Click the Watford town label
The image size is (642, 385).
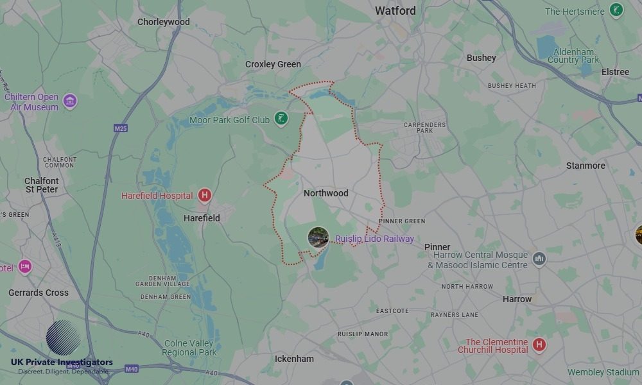point(395,11)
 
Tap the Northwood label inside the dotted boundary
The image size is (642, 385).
point(325,193)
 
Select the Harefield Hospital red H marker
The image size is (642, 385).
point(204,196)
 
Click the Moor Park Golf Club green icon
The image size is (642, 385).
point(281,119)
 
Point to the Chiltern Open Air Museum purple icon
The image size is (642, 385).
point(70,101)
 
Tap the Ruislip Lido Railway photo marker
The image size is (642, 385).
point(318,237)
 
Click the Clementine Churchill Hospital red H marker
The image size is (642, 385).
point(539,345)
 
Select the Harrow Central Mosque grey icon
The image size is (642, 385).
point(539,259)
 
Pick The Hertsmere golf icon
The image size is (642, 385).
point(616,11)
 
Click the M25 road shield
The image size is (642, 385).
point(121,128)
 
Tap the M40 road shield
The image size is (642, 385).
point(132,369)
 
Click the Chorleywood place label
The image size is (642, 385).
point(164,22)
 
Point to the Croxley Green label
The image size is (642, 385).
point(273,64)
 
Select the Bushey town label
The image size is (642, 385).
point(481,58)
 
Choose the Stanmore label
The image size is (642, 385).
point(586,166)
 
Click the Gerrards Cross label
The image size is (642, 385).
point(39,293)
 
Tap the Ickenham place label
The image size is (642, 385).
point(294,359)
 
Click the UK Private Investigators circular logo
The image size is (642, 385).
point(64,338)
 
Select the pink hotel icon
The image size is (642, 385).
point(25,266)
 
